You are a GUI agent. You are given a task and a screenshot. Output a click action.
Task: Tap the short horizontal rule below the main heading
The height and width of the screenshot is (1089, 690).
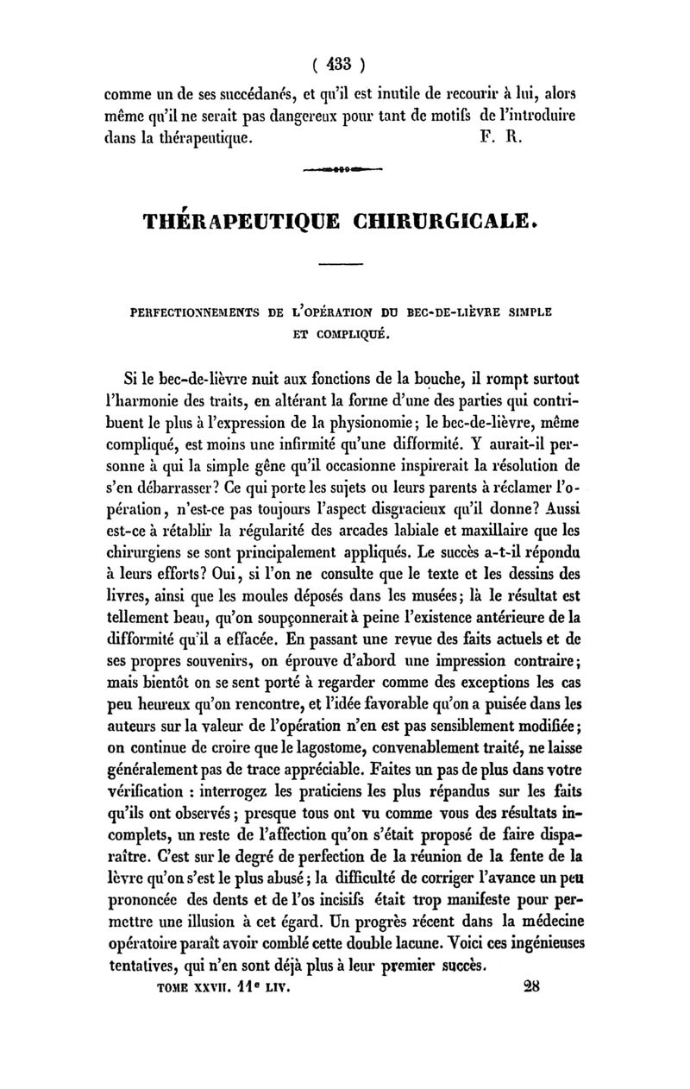click(x=344, y=264)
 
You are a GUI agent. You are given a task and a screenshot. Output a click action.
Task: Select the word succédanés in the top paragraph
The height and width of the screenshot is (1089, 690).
click(x=229, y=92)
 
